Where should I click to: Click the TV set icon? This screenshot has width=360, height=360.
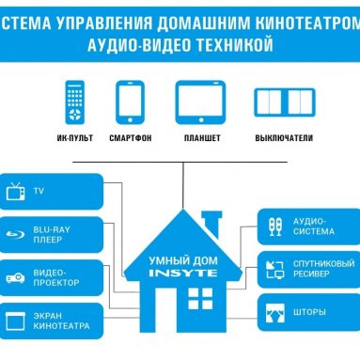tap(15, 192)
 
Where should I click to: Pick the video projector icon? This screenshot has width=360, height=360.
tap(15, 276)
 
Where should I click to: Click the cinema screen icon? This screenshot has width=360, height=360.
tap(15, 320)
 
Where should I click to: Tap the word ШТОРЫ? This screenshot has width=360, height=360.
tap(310, 311)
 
